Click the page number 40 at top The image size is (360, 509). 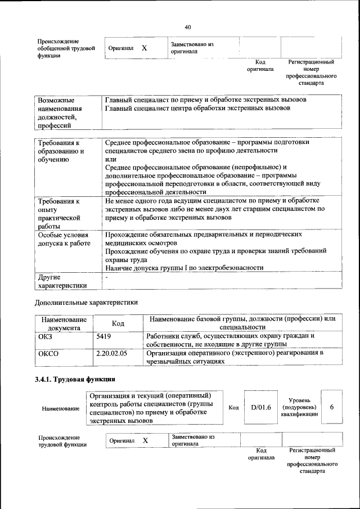(x=188, y=26)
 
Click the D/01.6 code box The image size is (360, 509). (x=261, y=407)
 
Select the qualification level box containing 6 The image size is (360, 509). (x=332, y=407)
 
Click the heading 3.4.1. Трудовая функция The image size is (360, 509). (x=75, y=379)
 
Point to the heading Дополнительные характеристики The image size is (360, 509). (x=87, y=303)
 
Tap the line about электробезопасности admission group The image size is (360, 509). (x=183, y=268)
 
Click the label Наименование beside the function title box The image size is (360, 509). (x=61, y=408)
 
